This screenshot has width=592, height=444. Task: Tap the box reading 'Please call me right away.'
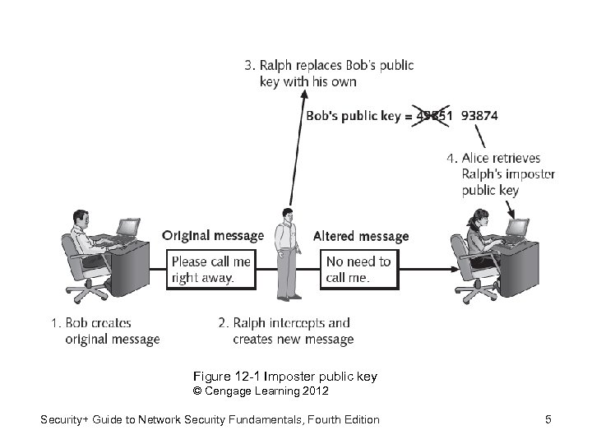coord(210,270)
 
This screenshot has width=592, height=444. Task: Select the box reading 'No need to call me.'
coord(358,270)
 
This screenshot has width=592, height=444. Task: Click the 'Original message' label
coord(213,236)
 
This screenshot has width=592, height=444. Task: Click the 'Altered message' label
coord(361,237)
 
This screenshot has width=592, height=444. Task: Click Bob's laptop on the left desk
coord(127,227)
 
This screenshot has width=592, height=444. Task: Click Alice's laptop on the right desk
coord(518,227)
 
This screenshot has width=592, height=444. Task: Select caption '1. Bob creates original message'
coord(105,331)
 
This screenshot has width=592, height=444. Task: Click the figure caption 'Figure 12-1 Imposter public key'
coord(284,377)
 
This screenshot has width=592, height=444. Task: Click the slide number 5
coord(548,420)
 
